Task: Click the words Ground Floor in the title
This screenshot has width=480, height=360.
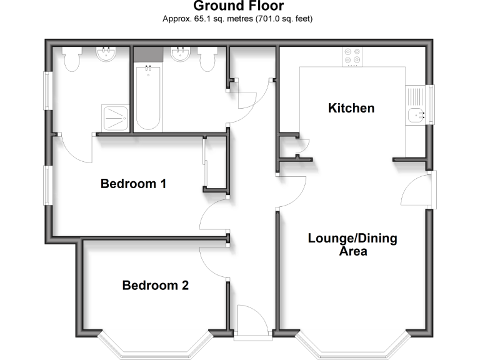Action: [x=238, y=6]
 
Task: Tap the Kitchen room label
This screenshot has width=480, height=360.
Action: [x=351, y=108]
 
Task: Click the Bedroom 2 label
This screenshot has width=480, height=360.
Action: [x=155, y=286]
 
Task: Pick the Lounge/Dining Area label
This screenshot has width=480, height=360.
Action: [x=352, y=245]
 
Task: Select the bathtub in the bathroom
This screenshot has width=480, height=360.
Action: [x=149, y=97]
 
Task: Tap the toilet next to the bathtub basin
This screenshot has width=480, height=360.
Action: [x=207, y=58]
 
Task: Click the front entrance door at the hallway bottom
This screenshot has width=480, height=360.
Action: [x=252, y=321]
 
